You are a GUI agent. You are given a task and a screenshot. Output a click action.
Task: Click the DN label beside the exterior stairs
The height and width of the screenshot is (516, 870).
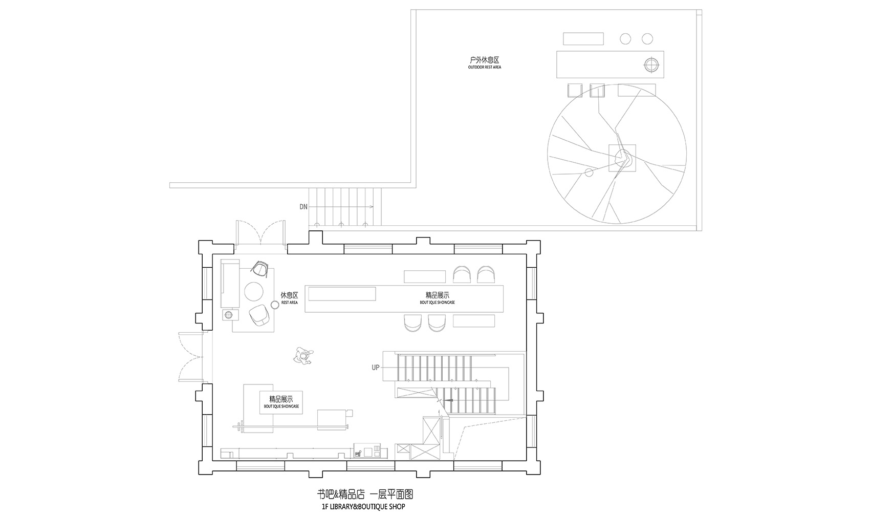pos(303,207)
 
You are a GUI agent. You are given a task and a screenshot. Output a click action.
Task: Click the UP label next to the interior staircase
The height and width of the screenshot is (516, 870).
pos(376,368)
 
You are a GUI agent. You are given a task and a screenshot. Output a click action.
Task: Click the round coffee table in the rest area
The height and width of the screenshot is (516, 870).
pos(254,291)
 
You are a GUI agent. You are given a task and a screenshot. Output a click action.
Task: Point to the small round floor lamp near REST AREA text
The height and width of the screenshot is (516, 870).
pos(274,305)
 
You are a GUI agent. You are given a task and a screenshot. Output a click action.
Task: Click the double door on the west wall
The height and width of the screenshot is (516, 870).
pos(191,357)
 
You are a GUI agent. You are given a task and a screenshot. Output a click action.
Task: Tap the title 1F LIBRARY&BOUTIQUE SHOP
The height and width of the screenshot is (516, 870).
pos(360,507)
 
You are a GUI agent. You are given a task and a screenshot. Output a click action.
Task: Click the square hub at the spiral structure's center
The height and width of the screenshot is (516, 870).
pos(622,158)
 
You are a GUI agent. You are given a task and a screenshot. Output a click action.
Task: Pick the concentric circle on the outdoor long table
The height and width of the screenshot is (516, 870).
pos(651,65)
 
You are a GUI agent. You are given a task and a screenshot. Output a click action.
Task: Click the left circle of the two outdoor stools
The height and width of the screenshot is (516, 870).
pos(625,38)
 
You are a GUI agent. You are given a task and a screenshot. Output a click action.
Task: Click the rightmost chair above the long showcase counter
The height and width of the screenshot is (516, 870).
pos(486,275)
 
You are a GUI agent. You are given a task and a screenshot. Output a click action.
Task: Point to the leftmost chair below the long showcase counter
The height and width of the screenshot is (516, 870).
pos(412,323)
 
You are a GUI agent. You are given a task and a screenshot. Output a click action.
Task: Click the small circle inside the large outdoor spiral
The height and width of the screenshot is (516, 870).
pos(589,173)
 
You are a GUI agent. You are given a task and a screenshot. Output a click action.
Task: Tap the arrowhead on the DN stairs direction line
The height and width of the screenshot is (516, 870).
pos(372,207)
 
